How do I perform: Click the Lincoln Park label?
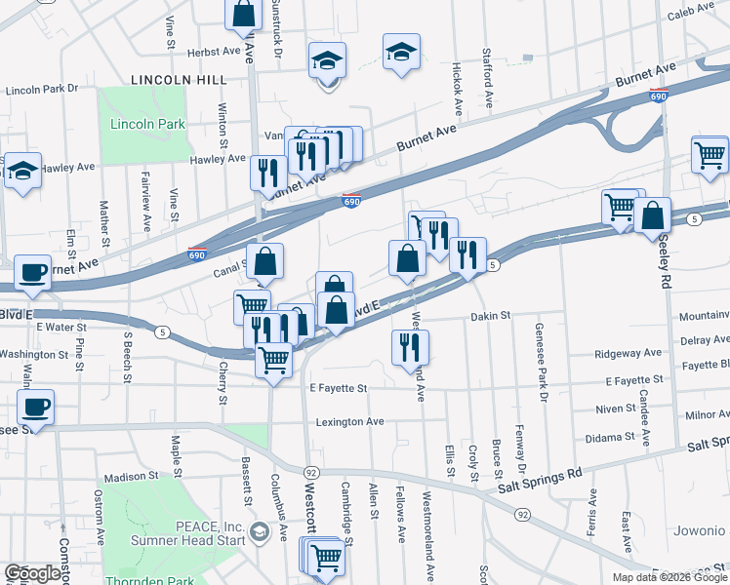pos(134,124)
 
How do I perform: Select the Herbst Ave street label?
pos(215,51)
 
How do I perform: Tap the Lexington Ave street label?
pos(349,422)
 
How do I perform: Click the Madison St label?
pos(131,477)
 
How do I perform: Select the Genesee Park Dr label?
pos(539,356)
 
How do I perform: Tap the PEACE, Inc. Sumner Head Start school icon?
pos(259,531)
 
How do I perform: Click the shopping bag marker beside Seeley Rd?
pos(652,216)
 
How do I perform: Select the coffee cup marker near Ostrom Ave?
pos(35,406)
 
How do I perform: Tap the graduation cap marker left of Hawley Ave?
pos(22,171)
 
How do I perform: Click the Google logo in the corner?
pos(32,573)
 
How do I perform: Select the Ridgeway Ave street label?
pos(633,352)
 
